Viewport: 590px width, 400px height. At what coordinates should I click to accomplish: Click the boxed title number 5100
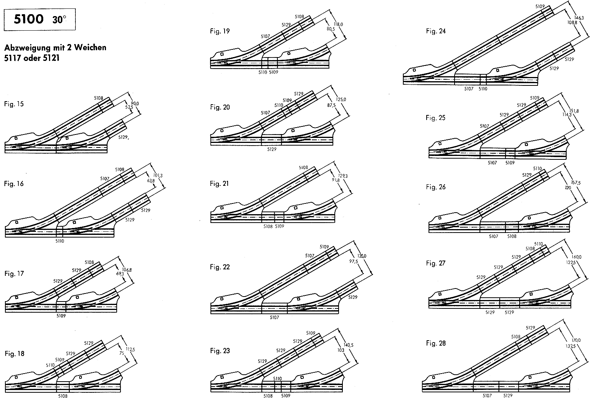coord(29,19)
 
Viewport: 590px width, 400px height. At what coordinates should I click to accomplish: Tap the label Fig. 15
coord(14,104)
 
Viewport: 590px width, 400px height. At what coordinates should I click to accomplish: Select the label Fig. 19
coord(220,31)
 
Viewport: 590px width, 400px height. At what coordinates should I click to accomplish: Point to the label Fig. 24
coord(436,31)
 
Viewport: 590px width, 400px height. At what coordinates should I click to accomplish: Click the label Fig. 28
coord(436,343)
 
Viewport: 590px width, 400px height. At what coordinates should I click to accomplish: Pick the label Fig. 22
coord(220,267)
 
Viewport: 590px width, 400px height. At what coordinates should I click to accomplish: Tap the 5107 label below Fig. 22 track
coord(274,317)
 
